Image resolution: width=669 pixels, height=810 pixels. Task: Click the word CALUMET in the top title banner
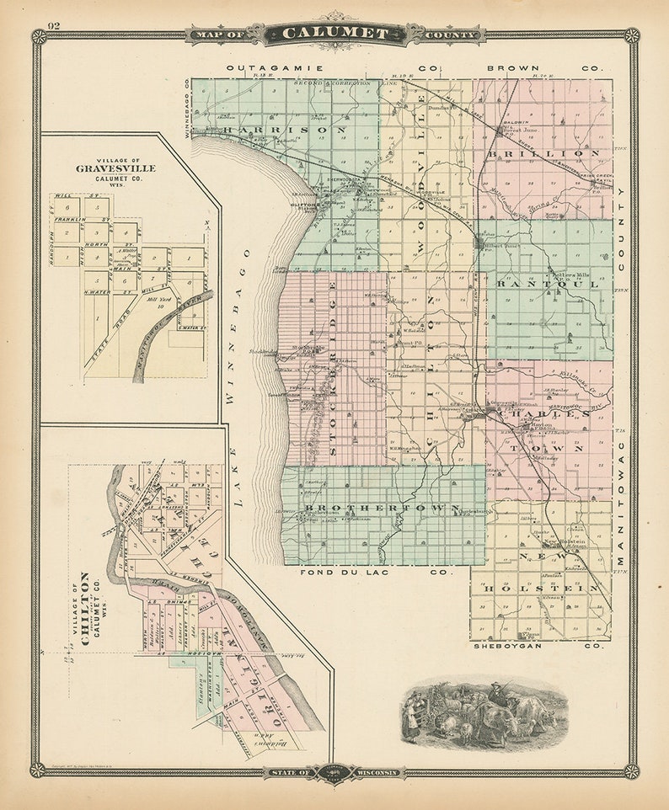tap(335, 35)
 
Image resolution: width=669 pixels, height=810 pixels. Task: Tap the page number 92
tap(54, 24)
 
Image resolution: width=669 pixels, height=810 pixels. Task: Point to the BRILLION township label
tap(543, 153)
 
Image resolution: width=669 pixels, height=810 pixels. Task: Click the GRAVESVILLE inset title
tap(115, 168)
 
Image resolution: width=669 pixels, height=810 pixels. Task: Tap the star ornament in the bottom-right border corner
tap(630, 770)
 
